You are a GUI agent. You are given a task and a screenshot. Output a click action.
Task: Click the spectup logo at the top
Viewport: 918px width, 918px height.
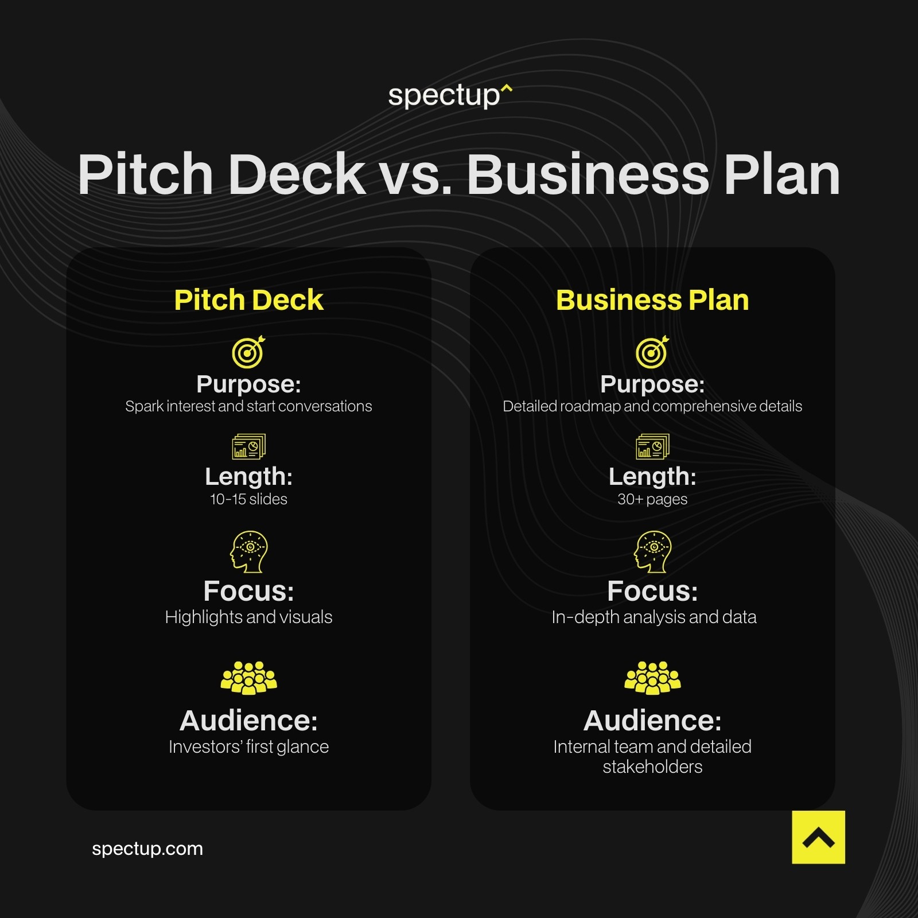[450, 95]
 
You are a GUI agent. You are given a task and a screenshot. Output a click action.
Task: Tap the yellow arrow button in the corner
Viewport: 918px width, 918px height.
[818, 837]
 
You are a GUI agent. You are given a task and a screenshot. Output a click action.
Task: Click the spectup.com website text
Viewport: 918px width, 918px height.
[147, 849]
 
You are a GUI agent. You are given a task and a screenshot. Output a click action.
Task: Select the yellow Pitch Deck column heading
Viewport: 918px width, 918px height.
[248, 300]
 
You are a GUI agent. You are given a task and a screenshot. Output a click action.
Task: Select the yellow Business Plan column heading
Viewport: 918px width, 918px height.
[652, 300]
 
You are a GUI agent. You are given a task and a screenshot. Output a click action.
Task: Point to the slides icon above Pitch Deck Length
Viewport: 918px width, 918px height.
[248, 446]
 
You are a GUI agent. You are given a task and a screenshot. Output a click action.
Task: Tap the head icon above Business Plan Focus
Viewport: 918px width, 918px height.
[652, 551]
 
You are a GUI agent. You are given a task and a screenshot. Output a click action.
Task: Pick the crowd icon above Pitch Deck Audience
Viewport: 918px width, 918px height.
[248, 678]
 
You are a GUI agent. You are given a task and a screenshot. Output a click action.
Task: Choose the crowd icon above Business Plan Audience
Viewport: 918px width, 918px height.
[652, 678]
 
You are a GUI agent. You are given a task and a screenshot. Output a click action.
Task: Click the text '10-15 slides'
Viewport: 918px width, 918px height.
[248, 499]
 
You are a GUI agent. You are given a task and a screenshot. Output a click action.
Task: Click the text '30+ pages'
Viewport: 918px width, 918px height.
[652, 499]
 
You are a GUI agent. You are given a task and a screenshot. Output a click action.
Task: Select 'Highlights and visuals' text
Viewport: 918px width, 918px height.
[248, 617]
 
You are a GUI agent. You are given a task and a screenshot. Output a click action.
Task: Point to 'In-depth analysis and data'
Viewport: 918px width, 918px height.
[654, 617]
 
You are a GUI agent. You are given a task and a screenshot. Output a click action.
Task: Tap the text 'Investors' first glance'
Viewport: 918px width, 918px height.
[248, 746]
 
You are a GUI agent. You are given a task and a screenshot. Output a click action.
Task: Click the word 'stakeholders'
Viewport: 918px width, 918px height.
[652, 767]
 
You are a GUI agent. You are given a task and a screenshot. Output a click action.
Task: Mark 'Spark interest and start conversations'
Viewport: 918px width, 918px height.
[248, 406]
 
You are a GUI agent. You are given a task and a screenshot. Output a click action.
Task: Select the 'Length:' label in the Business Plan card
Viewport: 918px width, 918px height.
[652, 476]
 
